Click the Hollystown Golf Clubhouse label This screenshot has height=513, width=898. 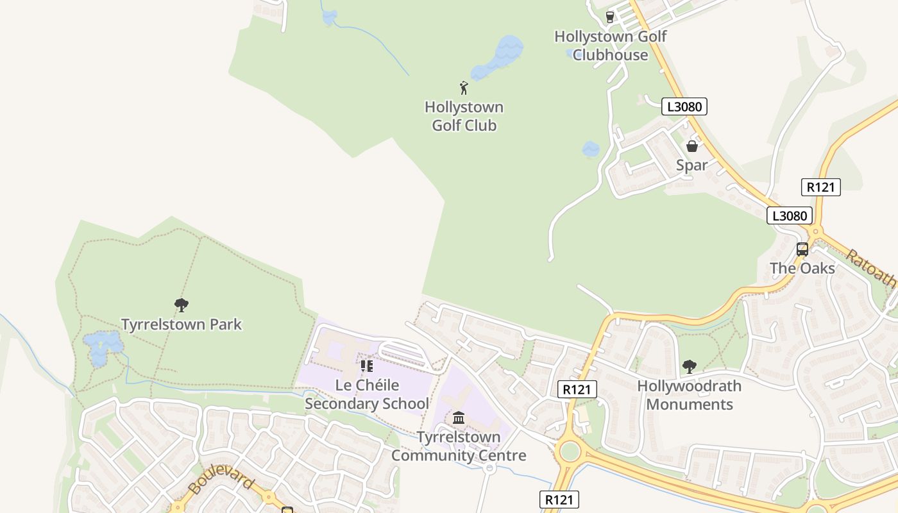[x=610, y=46]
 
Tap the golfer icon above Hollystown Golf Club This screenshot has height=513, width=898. [x=464, y=88]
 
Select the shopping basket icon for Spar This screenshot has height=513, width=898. [x=691, y=146]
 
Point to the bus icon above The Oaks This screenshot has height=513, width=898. [x=802, y=249]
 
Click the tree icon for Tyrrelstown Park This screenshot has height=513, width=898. [x=182, y=305]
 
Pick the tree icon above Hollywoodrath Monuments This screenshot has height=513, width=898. [x=689, y=367]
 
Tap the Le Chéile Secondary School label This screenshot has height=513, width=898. [x=367, y=394]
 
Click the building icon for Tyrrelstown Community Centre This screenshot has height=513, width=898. [x=459, y=418]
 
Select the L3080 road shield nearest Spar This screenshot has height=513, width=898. [x=684, y=106]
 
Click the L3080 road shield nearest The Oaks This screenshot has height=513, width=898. [x=790, y=215]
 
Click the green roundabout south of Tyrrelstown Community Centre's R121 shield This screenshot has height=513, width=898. [x=569, y=451]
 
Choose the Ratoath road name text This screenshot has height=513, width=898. [x=871, y=268]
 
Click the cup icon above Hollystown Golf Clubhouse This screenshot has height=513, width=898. [x=609, y=17]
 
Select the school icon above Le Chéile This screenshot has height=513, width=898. [x=366, y=366]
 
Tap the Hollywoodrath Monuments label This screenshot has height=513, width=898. [x=689, y=395]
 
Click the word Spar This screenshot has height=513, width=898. [x=691, y=165]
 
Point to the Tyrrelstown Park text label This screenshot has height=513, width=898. [x=182, y=324]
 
